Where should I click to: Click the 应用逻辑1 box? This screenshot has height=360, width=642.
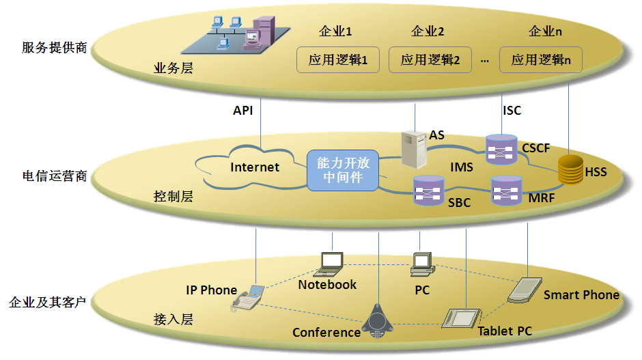[x=338, y=60]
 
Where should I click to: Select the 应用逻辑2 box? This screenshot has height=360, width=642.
[x=430, y=60]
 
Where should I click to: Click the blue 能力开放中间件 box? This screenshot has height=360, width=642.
[x=343, y=171]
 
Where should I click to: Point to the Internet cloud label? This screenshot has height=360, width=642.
[x=255, y=167]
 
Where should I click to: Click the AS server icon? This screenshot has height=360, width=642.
[x=414, y=148]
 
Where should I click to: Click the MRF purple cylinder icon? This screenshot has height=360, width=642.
[x=507, y=191]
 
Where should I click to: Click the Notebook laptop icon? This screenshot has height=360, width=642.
[x=332, y=263]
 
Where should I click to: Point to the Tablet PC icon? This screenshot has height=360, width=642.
[x=462, y=319]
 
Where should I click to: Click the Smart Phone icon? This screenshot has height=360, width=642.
[x=525, y=289]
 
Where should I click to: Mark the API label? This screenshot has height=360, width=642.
[x=242, y=111]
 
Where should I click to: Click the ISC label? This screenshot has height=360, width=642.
[x=512, y=111]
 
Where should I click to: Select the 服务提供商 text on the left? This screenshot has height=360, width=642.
[x=55, y=48]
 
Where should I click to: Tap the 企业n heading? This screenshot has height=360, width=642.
[x=546, y=31]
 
